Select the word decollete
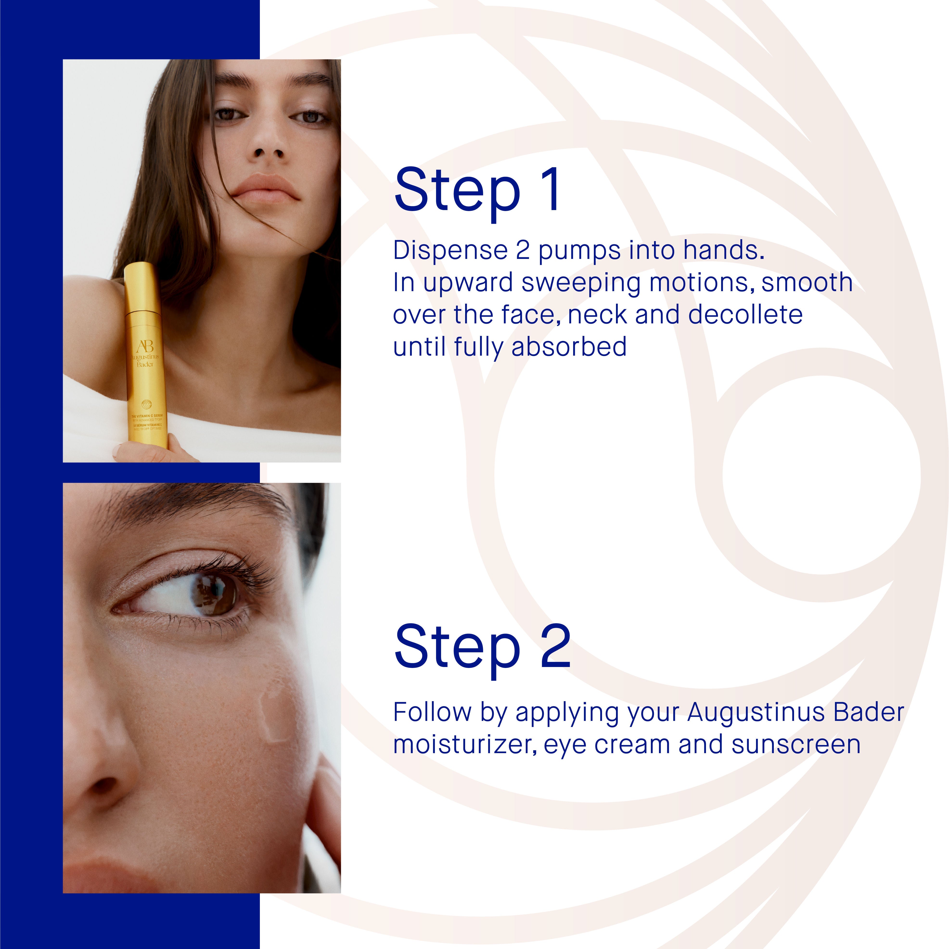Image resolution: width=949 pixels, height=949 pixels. pyautogui.click(x=745, y=315)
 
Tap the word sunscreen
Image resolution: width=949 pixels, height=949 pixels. pyautogui.click(x=796, y=744)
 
